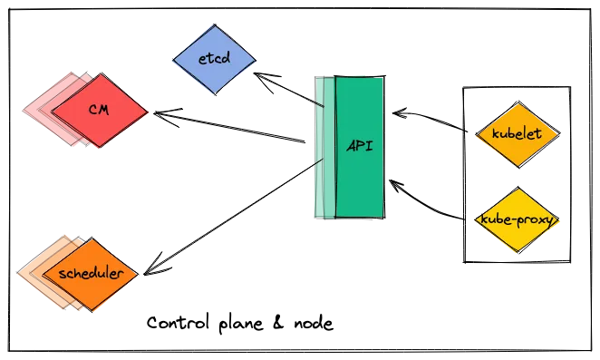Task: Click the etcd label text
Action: click(x=214, y=60)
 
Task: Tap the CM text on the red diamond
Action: click(x=99, y=111)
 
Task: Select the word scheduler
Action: click(x=90, y=274)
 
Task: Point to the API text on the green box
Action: click(x=360, y=146)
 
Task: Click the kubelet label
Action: click(x=516, y=134)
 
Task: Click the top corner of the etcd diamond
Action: click(x=214, y=25)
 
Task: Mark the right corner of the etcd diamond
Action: click(x=256, y=61)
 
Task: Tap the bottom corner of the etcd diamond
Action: click(x=215, y=95)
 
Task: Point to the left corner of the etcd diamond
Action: click(x=172, y=60)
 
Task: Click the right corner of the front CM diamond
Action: click(x=148, y=112)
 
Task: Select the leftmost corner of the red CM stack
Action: click(x=24, y=111)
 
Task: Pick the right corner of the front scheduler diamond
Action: click(x=137, y=274)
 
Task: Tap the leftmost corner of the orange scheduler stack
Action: click(x=17, y=274)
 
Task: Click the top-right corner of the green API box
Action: click(x=383, y=76)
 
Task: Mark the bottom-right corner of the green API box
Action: click(x=383, y=218)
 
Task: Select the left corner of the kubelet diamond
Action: click(x=474, y=135)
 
